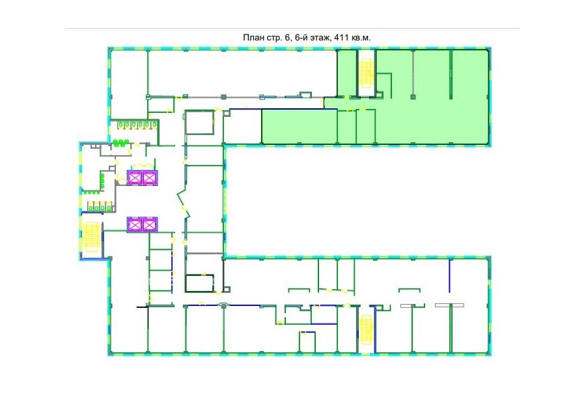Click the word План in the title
coord(253,38)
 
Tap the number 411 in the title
coord(342,38)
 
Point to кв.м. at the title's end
coord(361,38)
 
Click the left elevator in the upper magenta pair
coord(135,177)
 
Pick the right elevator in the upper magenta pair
coord(150,177)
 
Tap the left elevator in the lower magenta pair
coord(135,224)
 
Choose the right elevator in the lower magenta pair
coord(150,224)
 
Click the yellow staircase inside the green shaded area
coord(366,74)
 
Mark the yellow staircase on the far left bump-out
coord(91,237)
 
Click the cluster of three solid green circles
coord(121,142)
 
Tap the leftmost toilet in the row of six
coord(120,124)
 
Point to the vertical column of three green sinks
coord(102,180)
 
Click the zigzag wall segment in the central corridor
coord(184,205)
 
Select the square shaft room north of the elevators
coord(199,122)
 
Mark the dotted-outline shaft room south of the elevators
coord(200,284)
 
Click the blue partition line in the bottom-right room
coord(449,276)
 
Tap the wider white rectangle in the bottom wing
coord(449,306)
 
